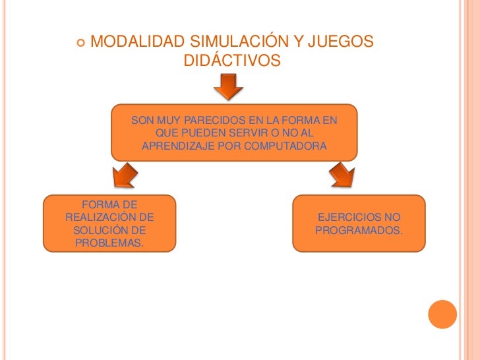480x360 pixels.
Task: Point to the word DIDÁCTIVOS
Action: click(x=231, y=61)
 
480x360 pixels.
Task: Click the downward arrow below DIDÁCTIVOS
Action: click(x=228, y=86)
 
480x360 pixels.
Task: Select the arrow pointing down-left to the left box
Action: click(x=123, y=176)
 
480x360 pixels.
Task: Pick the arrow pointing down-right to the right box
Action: click(x=341, y=176)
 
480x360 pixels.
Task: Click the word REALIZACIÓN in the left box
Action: click(x=109, y=218)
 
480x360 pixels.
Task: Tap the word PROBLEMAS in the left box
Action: click(x=109, y=244)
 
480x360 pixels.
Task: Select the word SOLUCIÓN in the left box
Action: click(x=102, y=231)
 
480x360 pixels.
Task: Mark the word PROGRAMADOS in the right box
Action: click(x=359, y=231)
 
